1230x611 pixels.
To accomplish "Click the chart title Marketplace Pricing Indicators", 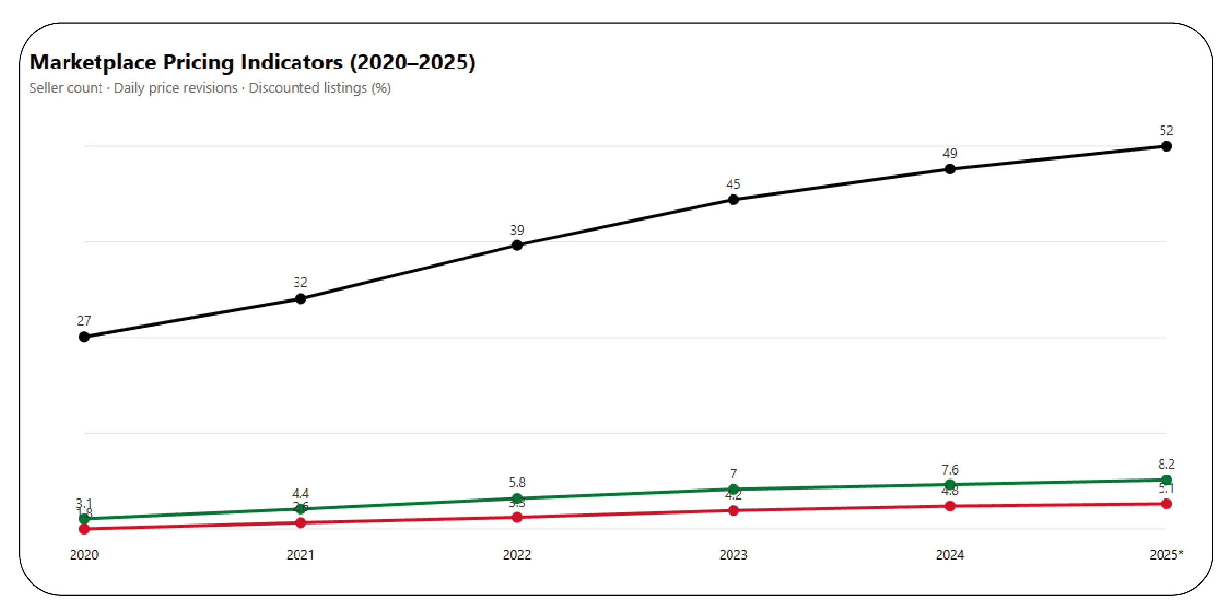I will tap(252, 63).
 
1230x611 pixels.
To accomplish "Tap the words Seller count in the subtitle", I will tap(66, 88).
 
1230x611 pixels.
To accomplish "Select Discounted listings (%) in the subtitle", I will tap(319, 88).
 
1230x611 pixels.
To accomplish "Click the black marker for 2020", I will tap(84, 337).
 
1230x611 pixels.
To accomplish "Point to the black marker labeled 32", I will tap(300, 299).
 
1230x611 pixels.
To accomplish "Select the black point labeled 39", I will tap(517, 245).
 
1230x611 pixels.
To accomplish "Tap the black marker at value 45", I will tap(733, 200).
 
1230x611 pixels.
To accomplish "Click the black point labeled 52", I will tap(1166, 146).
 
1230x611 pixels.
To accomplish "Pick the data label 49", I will tap(950, 154).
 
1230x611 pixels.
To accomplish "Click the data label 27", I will tap(84, 321).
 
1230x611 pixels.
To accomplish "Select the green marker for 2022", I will tap(517, 498).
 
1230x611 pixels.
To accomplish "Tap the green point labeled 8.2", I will tap(1166, 480).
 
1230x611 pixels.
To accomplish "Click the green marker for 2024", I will tap(950, 484).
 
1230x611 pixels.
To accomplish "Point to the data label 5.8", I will tap(517, 482).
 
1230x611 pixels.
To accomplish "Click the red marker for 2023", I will tap(733, 511).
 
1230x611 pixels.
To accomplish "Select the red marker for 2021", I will tap(300, 523).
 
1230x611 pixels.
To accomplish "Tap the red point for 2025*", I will tap(1166, 504).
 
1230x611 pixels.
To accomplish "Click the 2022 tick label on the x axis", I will tap(517, 555).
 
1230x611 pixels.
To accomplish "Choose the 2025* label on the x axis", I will tap(1165, 555).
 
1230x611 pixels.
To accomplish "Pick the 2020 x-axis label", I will tap(84, 555).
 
